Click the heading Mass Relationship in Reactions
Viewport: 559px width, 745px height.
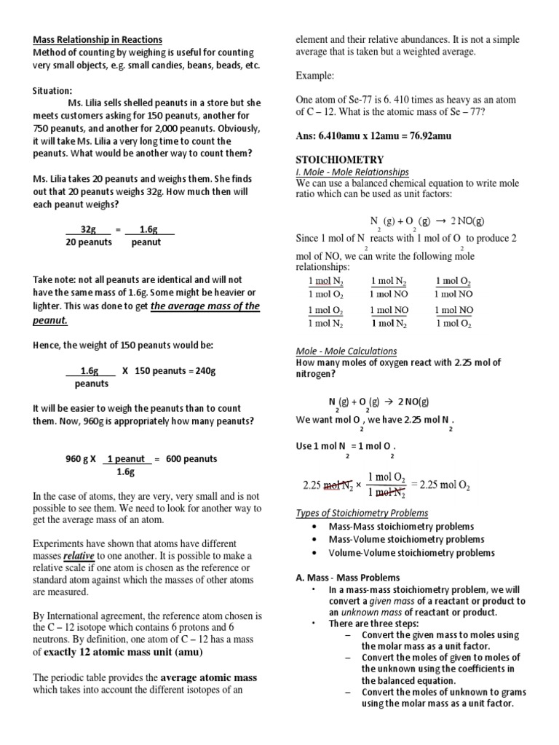tap(98, 39)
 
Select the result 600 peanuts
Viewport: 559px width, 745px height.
tap(191, 459)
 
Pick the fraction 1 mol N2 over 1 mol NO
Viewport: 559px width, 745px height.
tap(388, 287)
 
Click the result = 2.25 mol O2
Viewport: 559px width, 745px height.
tap(440, 485)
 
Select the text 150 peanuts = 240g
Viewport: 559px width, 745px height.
tap(175, 370)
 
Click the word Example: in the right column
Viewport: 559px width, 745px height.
tap(316, 76)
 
